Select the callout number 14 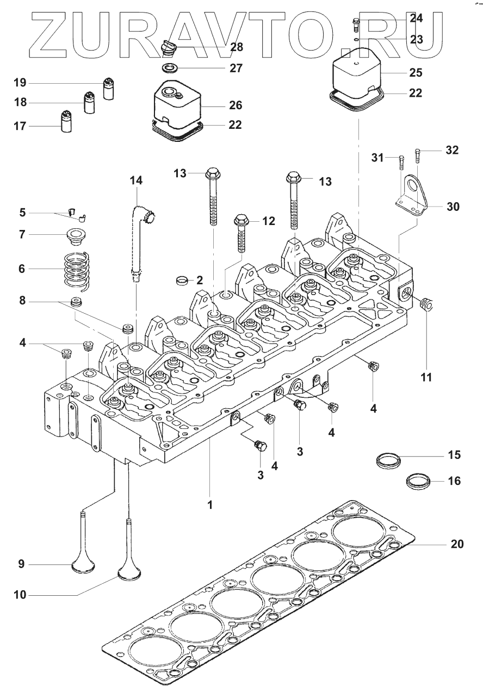pyautogui.click(x=136, y=180)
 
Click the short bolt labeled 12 pyautogui.click(x=242, y=233)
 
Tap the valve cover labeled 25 pyautogui.click(x=356, y=73)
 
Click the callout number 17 pyautogui.click(x=20, y=126)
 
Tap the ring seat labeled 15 pyautogui.click(x=388, y=460)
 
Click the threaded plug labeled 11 pyautogui.click(x=427, y=304)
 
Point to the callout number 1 pyautogui.click(x=210, y=505)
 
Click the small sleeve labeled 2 pyautogui.click(x=182, y=281)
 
